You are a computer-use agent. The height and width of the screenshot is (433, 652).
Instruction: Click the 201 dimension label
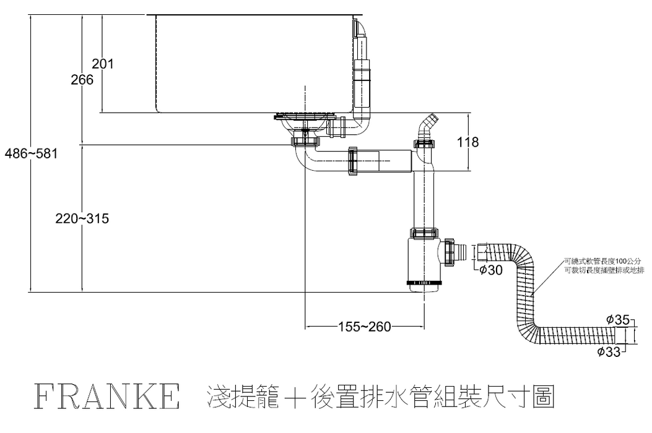pyautogui.click(x=103, y=63)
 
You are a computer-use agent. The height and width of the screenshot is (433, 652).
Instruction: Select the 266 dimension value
pyautogui.click(x=82, y=80)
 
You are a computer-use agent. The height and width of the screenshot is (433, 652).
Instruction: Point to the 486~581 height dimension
pyautogui.click(x=31, y=154)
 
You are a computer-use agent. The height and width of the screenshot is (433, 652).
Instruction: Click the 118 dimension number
pyautogui.click(x=467, y=142)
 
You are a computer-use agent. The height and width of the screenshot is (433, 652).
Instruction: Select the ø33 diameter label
pyautogui.click(x=609, y=352)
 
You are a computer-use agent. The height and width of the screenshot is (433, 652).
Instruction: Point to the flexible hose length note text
pyautogui.click(x=604, y=265)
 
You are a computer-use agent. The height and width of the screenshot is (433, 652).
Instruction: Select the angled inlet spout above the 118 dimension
pyautogui.click(x=427, y=126)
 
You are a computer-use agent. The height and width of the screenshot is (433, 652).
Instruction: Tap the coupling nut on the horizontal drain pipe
pyautogui.click(x=354, y=161)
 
